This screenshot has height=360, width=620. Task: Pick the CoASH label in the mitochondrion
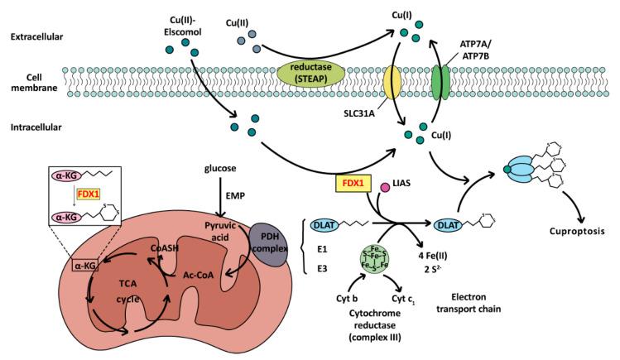(x=163, y=246)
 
